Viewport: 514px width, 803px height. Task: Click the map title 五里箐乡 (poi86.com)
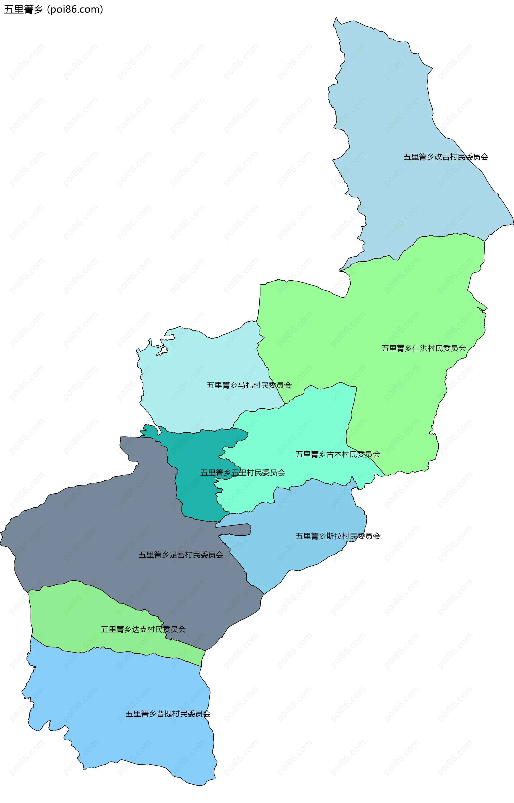(x=53, y=9)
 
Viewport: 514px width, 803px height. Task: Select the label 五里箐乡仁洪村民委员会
(x=424, y=348)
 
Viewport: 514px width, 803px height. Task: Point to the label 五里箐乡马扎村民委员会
(x=249, y=385)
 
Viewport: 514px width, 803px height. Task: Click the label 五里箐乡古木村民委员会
(x=338, y=454)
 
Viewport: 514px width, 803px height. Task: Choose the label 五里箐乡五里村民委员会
(x=243, y=473)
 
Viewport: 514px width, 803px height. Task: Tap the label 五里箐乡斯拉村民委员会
(x=338, y=536)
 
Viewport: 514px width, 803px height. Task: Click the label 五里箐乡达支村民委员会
(x=143, y=629)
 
